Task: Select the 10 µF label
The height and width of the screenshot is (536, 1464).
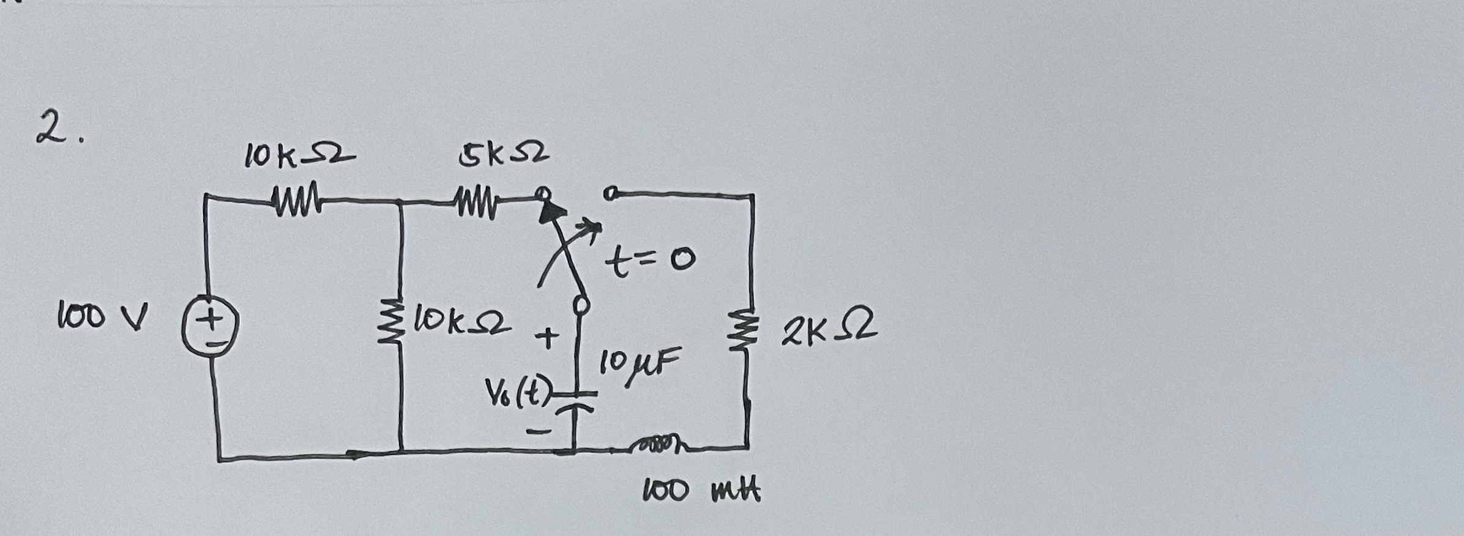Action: pos(638,362)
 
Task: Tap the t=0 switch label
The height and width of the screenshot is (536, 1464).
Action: pos(650,262)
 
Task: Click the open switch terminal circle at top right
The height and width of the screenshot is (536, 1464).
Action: pos(609,195)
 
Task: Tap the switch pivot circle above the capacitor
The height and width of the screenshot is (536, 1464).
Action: pos(581,304)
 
